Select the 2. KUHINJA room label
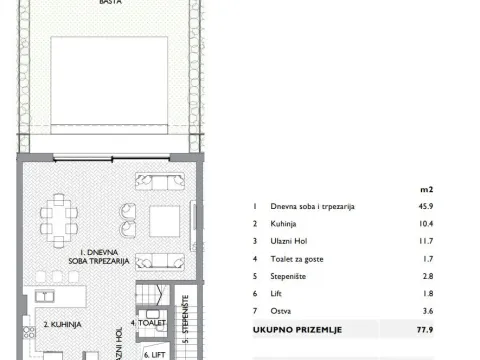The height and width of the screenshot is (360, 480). (61, 324)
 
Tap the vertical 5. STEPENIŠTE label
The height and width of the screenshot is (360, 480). (186, 312)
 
